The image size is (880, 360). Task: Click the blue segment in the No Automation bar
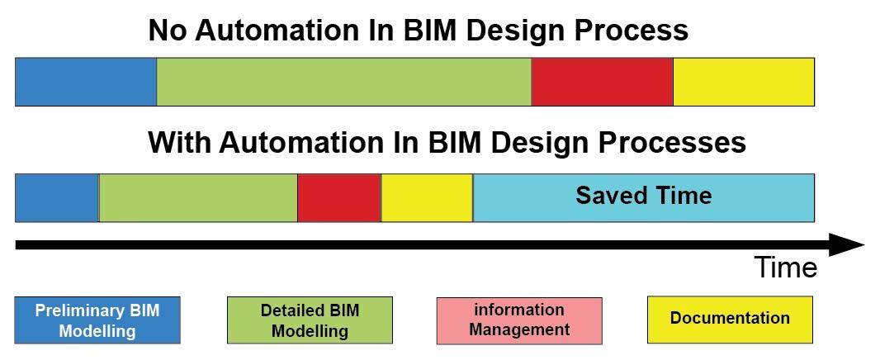click(86, 82)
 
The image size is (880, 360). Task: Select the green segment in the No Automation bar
click(344, 82)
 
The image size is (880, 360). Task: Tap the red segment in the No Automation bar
click(602, 82)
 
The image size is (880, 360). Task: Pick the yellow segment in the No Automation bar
click(744, 82)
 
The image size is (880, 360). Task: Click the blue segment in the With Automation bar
click(57, 197)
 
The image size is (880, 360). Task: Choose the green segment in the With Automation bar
click(198, 197)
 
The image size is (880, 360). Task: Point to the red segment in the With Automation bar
click(339, 197)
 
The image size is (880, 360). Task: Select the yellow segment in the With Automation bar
click(427, 197)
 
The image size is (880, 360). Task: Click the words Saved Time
click(644, 196)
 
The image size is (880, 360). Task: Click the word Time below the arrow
click(786, 268)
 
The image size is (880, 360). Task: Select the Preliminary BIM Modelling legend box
click(97, 320)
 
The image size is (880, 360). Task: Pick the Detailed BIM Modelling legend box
click(310, 320)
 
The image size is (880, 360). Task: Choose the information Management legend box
click(519, 320)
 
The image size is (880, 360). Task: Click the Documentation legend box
click(730, 320)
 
